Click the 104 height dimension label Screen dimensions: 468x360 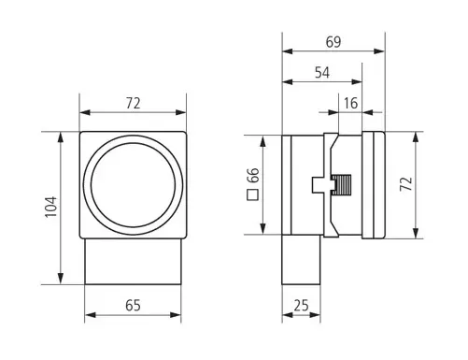click(x=50, y=207)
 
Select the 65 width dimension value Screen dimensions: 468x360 click(x=133, y=306)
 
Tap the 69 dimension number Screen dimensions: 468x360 click(x=333, y=42)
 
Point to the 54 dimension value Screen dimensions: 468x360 click(x=322, y=73)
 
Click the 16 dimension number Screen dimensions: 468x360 click(x=351, y=103)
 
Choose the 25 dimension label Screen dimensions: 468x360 click(x=301, y=306)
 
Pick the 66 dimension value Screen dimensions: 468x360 click(x=253, y=176)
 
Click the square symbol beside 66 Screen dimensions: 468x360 click(x=253, y=194)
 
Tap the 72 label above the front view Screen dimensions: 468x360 click(x=133, y=104)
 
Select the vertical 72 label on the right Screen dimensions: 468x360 click(x=406, y=184)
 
